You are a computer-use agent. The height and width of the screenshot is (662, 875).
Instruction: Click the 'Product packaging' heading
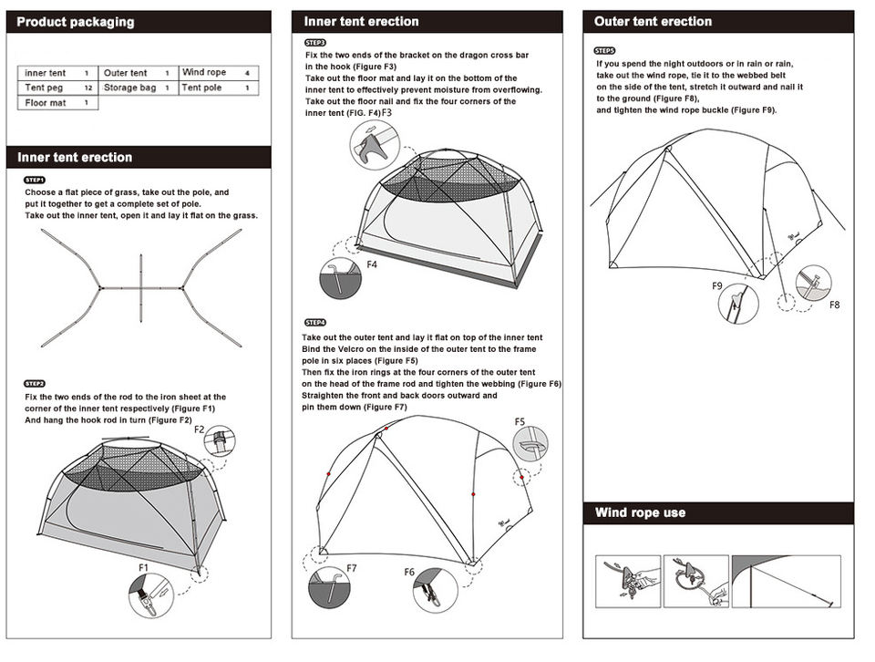pyautogui.click(x=76, y=22)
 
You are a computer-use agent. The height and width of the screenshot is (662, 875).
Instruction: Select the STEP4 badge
pyautogui.click(x=314, y=323)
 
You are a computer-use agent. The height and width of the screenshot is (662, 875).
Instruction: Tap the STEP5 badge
pyautogui.click(x=604, y=51)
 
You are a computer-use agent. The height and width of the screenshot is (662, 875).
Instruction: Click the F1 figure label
pyautogui.click(x=143, y=567)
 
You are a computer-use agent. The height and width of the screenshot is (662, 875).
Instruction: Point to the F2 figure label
pyautogui.click(x=200, y=429)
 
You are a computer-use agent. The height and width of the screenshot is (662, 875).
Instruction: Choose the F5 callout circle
pyautogui.click(x=530, y=444)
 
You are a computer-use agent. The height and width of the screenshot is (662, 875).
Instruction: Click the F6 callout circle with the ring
pyautogui.click(x=436, y=590)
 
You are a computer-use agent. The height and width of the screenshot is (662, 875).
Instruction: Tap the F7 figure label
pyautogui.click(x=352, y=568)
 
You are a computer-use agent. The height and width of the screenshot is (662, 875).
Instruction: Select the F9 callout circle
pyautogui.click(x=737, y=304)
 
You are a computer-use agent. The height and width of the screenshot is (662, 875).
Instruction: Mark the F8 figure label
pyautogui.click(x=834, y=305)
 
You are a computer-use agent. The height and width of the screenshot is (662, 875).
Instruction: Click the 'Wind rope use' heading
pyautogui.click(x=640, y=512)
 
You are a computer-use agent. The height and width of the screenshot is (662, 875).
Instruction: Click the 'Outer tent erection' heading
pyautogui.click(x=653, y=21)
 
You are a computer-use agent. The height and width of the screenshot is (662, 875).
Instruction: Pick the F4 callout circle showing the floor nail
pyautogui.click(x=341, y=281)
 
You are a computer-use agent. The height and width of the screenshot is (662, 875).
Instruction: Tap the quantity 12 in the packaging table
pyautogui.click(x=87, y=88)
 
